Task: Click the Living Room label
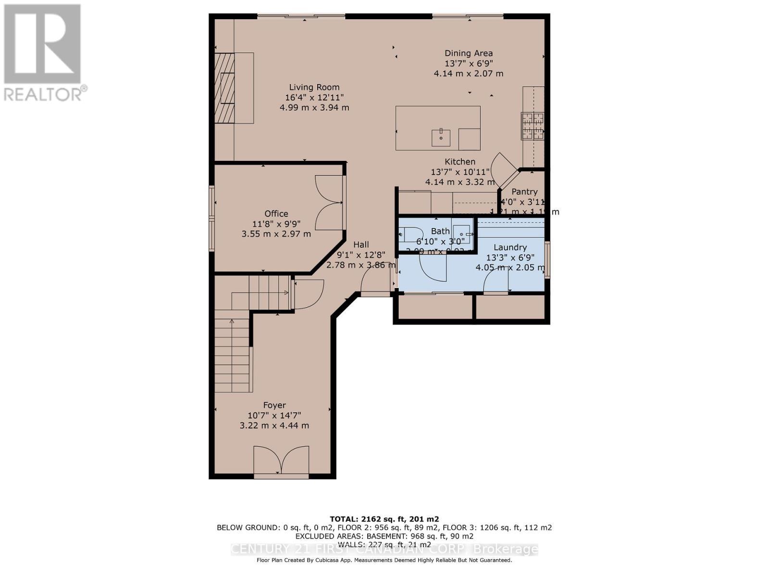[314, 87]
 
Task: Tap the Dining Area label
[469, 53]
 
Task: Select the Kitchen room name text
[460, 162]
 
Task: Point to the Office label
[276, 214]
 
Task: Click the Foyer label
[274, 405]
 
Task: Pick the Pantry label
[524, 192]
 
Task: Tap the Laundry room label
[510, 247]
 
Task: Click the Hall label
[361, 245]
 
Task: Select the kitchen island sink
[441, 137]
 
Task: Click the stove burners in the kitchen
[533, 126]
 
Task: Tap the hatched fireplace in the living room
[224, 88]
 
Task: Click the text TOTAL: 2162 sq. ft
[384, 519]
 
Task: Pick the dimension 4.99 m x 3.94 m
[314, 108]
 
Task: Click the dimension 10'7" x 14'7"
[274, 415]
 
